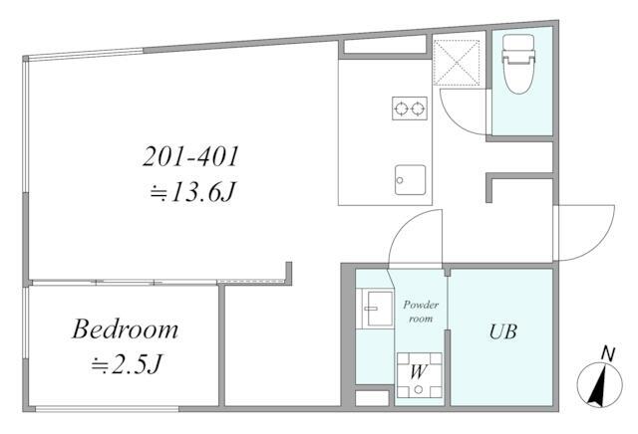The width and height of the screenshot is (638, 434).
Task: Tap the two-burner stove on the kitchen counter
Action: coord(410,108)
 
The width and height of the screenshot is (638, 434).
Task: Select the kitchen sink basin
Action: coord(410,179)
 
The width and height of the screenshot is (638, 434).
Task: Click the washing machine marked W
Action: coord(419,375)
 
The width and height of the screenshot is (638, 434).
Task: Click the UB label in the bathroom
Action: coord(502,332)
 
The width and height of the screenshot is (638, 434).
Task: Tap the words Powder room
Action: coord(421,312)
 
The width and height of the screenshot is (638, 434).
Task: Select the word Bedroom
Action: coord(126,329)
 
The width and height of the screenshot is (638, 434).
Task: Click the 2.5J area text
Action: coord(127,364)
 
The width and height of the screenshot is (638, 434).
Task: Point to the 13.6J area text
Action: coord(193,192)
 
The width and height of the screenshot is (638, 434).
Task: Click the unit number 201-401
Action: coord(190,156)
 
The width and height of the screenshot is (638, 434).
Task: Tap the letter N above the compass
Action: coord(607,354)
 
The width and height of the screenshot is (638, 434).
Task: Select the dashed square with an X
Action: coord(457,63)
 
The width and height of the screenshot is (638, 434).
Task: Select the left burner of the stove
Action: coord(401,108)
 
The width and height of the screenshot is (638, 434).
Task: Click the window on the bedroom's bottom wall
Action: coord(107,408)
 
